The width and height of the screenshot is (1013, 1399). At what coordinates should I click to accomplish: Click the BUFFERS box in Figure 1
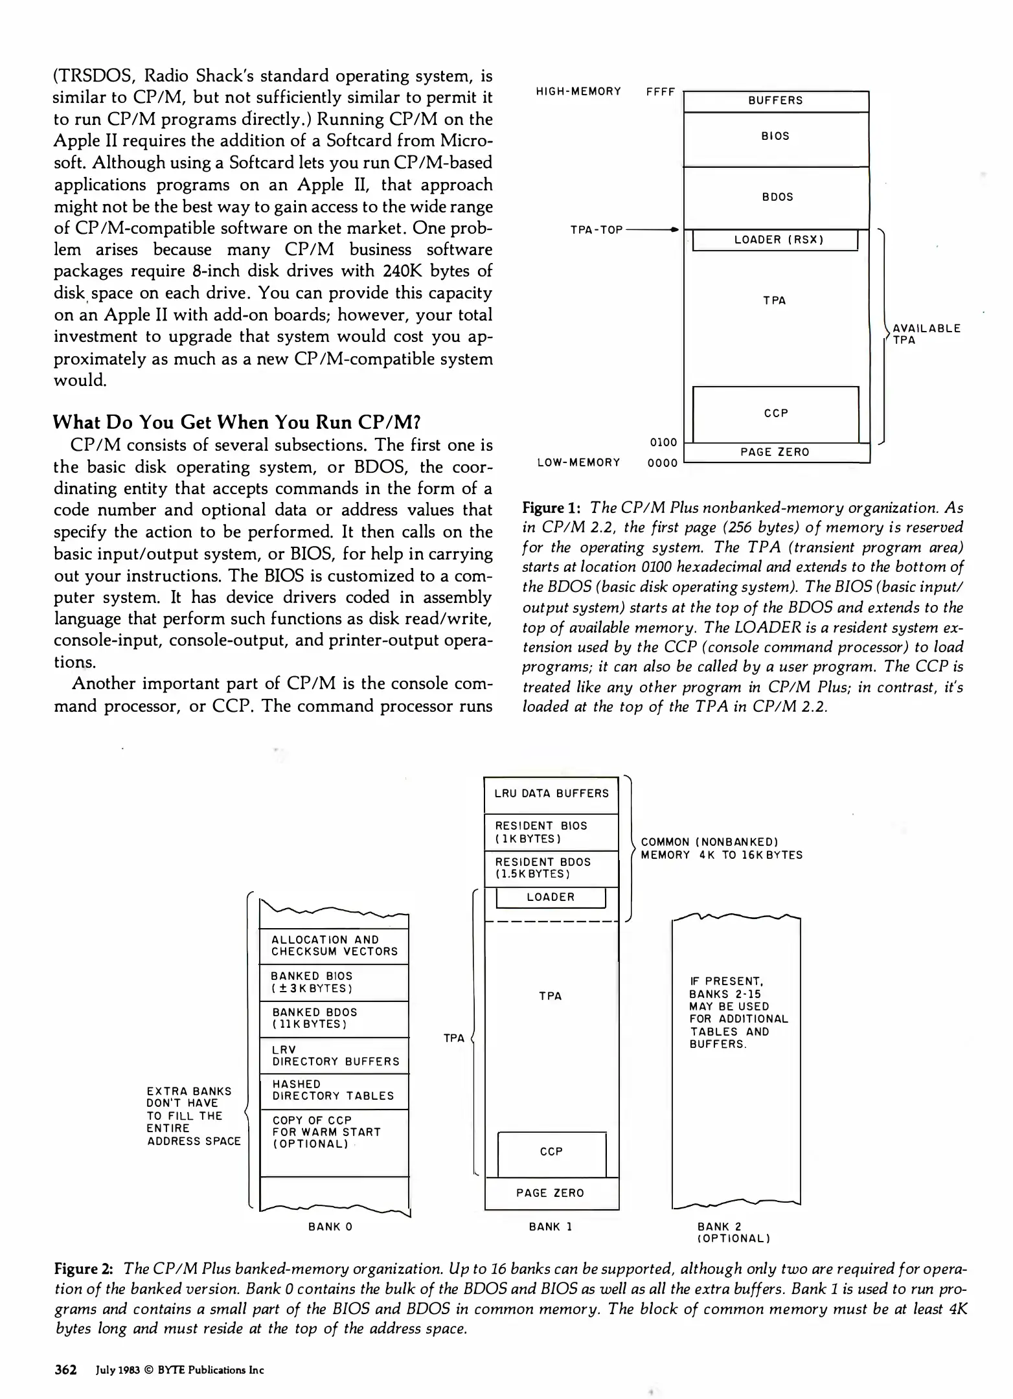coord(775,101)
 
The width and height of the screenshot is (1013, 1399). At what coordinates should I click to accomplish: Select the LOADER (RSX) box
coord(775,240)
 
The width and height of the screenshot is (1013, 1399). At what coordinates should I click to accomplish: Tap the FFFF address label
coord(661,92)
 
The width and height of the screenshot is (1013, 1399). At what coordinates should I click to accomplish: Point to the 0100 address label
coord(663,442)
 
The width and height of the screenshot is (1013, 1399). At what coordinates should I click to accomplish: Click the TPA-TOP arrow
coord(651,229)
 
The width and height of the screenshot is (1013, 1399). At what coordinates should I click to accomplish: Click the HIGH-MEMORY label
coord(578,92)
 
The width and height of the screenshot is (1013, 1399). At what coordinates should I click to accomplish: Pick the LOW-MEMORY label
coord(578,462)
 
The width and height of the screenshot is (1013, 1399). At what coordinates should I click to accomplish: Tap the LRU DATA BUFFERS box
coord(551,794)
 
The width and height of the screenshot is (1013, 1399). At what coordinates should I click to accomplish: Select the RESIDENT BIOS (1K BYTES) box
coord(551,832)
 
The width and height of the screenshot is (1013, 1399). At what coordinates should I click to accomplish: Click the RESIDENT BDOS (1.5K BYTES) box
coord(551,869)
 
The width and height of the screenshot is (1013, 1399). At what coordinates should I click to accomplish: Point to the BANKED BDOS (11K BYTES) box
coord(334,1018)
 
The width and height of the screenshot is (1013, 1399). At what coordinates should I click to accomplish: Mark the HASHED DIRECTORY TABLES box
coord(334,1090)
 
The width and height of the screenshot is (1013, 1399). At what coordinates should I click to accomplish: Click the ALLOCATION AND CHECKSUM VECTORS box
coord(334,946)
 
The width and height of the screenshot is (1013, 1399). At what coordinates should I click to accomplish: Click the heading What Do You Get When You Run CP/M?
coord(237,422)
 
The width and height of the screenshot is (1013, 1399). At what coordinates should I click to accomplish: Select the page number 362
coord(65,1370)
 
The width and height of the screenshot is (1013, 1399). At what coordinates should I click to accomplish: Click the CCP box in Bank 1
coord(551,1152)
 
